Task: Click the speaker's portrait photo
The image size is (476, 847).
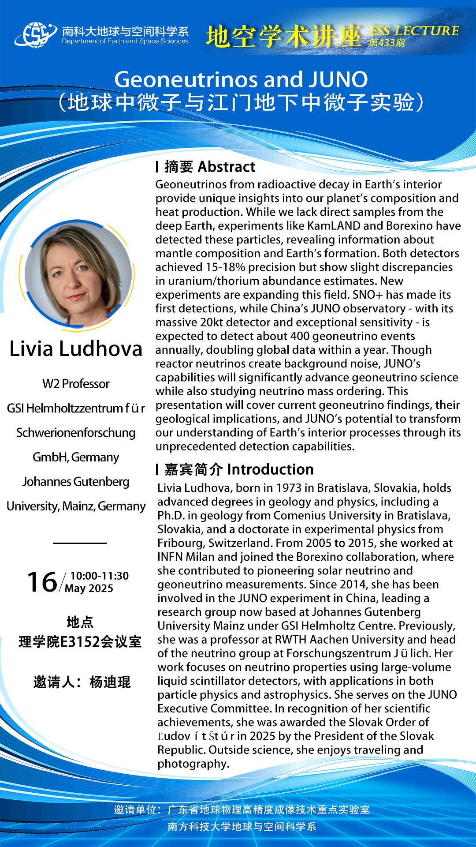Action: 78,274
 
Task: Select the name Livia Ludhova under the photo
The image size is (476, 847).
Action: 76,349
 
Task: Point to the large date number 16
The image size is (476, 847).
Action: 42,582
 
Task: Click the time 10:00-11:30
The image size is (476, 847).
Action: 99,576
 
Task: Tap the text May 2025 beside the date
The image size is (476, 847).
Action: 89,588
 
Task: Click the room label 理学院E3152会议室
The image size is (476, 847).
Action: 80,642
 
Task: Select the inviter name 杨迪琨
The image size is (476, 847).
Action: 110,682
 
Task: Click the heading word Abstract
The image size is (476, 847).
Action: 227,167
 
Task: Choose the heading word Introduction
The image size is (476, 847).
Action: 271,469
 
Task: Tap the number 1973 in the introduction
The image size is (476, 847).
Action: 288,488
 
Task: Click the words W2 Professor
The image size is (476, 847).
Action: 76,384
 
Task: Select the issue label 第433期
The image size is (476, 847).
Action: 387,43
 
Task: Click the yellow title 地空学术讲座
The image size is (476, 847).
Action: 284,37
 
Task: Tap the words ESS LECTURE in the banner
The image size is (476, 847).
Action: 414,31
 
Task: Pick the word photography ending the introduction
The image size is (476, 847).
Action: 193,764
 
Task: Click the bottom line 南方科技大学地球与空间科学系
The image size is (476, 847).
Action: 242,826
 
